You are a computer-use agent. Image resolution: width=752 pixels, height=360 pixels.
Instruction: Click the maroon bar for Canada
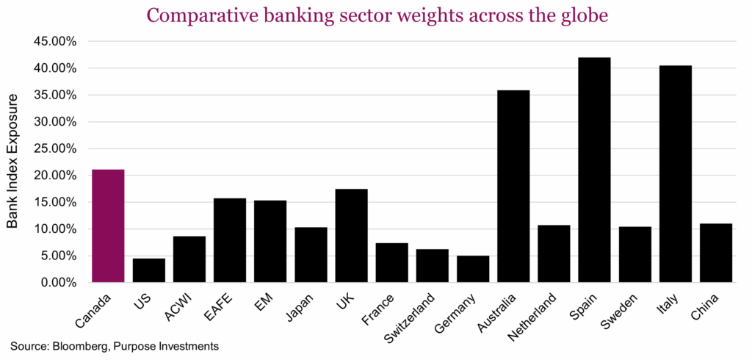point(108,226)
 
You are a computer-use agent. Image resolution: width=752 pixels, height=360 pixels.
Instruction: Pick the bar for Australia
point(513,187)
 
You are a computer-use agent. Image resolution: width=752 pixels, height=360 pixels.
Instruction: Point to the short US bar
point(148,270)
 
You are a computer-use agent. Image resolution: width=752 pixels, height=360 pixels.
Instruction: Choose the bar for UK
point(351,236)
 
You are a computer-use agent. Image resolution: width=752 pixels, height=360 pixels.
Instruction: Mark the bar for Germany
point(472,269)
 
